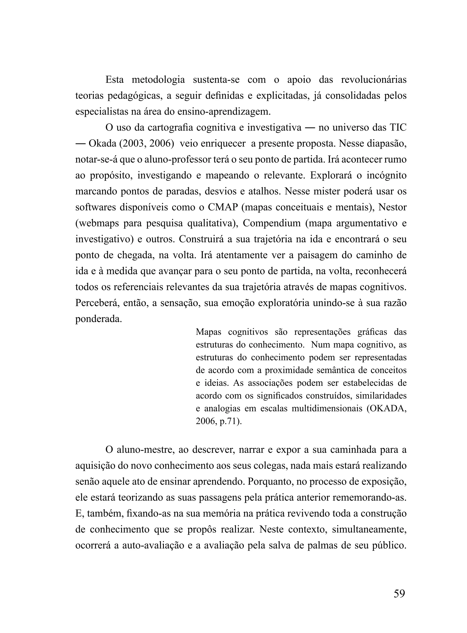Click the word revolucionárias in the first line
pos(374,80)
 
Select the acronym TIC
pos(398,128)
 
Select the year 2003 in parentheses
pos(134,144)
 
